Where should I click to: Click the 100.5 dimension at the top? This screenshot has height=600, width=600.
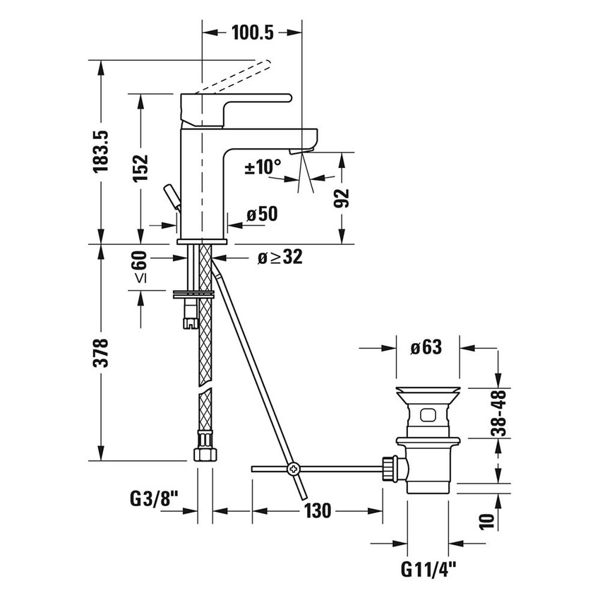252,32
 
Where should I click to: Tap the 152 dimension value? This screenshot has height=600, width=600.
140,167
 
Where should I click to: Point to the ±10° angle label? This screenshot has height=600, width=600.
263,168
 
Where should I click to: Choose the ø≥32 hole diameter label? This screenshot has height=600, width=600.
279,258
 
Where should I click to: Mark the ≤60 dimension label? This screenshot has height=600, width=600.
140,268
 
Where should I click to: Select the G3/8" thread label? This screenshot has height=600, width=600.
152,499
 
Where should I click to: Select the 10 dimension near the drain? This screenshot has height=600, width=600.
484,521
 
